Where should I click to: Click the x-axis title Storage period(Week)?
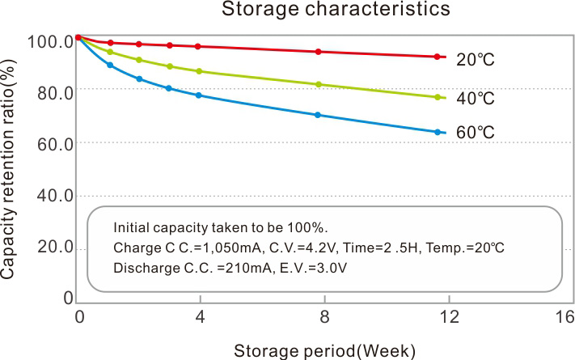(x=324, y=351)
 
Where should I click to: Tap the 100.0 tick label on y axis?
(x=50, y=41)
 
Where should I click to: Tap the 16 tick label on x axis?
(x=563, y=317)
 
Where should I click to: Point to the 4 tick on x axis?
(x=199, y=317)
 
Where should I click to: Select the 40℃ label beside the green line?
(x=475, y=99)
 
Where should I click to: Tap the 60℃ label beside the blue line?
(x=475, y=132)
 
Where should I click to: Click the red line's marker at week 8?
(x=318, y=52)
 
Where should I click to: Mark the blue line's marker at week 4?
(x=198, y=95)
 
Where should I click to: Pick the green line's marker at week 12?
(x=438, y=97)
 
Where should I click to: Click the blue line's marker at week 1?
(x=110, y=65)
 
